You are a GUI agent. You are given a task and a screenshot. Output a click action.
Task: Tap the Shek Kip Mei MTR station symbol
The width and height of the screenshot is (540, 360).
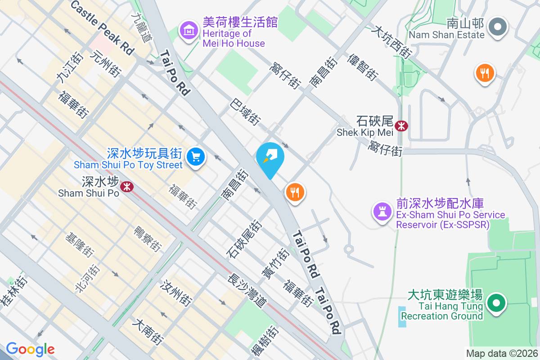coord(401,126)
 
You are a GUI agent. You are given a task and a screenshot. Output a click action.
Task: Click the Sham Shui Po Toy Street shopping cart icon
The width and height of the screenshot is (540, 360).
coord(196,157)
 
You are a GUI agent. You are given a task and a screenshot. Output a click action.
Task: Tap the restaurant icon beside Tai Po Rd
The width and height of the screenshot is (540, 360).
coord(295,193)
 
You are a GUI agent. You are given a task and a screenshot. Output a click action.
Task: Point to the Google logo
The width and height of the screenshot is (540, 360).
coord(30,349)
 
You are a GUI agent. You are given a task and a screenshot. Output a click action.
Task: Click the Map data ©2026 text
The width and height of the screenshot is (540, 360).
coord(502,354)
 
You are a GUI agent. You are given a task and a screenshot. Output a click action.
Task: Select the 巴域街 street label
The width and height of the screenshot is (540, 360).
coord(245,112)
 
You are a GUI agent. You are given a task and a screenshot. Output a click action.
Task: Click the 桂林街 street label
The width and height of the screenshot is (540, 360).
coord(14,292)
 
